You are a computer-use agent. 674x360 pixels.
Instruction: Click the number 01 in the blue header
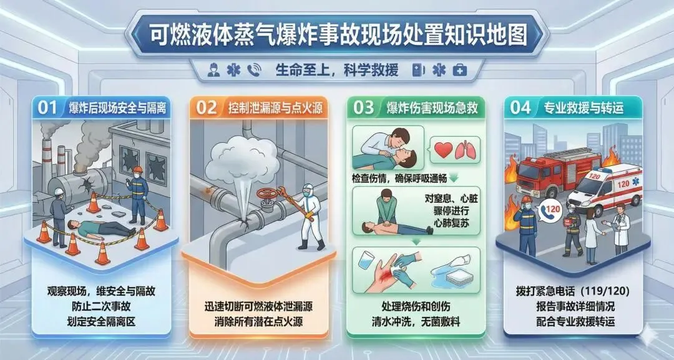click(47, 108)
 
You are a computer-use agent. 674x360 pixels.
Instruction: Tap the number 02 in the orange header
click(207, 108)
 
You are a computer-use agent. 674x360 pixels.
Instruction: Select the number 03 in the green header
click(364, 108)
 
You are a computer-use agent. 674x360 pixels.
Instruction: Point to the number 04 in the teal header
click(520, 108)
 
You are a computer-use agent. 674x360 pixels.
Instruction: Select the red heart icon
click(443, 150)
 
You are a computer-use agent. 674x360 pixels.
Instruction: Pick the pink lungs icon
click(466, 150)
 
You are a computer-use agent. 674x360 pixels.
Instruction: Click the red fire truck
click(557, 172)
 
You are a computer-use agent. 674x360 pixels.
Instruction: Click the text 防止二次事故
click(102, 306)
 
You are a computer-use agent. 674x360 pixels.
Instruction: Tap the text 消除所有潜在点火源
click(258, 322)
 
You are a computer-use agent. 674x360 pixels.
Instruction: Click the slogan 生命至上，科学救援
click(337, 70)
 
